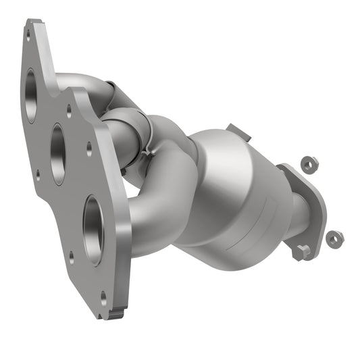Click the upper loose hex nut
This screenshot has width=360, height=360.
309,163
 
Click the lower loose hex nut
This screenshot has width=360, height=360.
334,238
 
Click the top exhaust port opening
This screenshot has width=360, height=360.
31,95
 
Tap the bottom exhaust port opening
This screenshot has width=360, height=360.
93,228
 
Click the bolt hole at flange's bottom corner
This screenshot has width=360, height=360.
103,295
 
